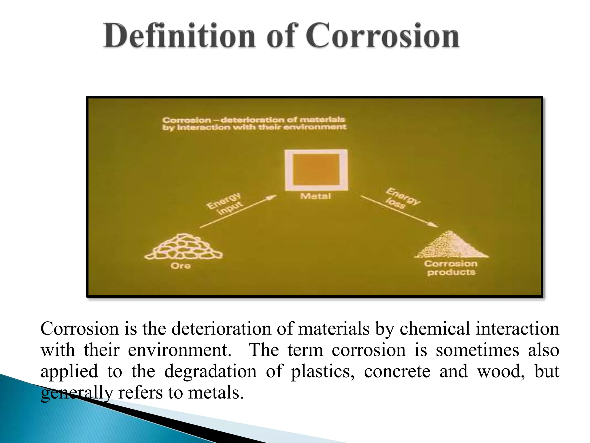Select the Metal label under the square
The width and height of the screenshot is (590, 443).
tap(315, 196)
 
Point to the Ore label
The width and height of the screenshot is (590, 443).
tap(180, 266)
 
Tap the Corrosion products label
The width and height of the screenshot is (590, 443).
tap(451, 268)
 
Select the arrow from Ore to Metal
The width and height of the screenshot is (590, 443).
tap(238, 211)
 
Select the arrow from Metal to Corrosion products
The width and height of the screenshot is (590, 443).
tap(399, 211)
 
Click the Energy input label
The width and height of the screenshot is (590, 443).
tap(225, 203)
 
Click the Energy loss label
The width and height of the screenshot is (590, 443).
tap(402, 198)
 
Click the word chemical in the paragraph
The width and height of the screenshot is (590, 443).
tap(435, 329)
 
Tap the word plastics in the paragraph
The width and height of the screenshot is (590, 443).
tap(322, 371)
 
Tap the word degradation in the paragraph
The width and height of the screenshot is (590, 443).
tap(210, 371)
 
